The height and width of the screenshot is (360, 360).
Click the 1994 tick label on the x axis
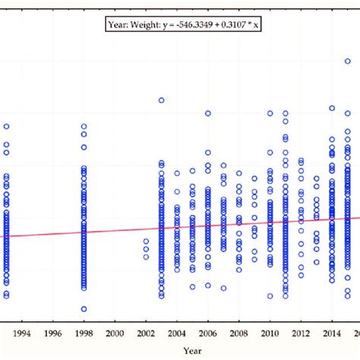point(22,333)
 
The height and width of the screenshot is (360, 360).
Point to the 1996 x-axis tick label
point(53,333)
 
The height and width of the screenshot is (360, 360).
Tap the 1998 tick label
point(84,333)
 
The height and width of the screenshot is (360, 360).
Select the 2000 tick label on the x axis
point(115,333)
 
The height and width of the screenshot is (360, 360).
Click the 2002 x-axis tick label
point(145,333)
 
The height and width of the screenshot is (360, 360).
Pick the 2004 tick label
point(176,333)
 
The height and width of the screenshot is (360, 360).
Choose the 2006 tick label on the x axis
point(207,333)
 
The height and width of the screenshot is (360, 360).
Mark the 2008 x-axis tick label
point(238,333)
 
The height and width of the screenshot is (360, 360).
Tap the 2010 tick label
point(270,333)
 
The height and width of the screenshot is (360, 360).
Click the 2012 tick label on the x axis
point(300,333)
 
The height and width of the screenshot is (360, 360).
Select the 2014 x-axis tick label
point(331,333)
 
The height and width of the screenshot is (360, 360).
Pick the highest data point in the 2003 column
point(161,99)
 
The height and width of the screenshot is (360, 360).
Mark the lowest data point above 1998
point(84,309)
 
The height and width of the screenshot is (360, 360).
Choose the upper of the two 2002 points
point(146,242)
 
